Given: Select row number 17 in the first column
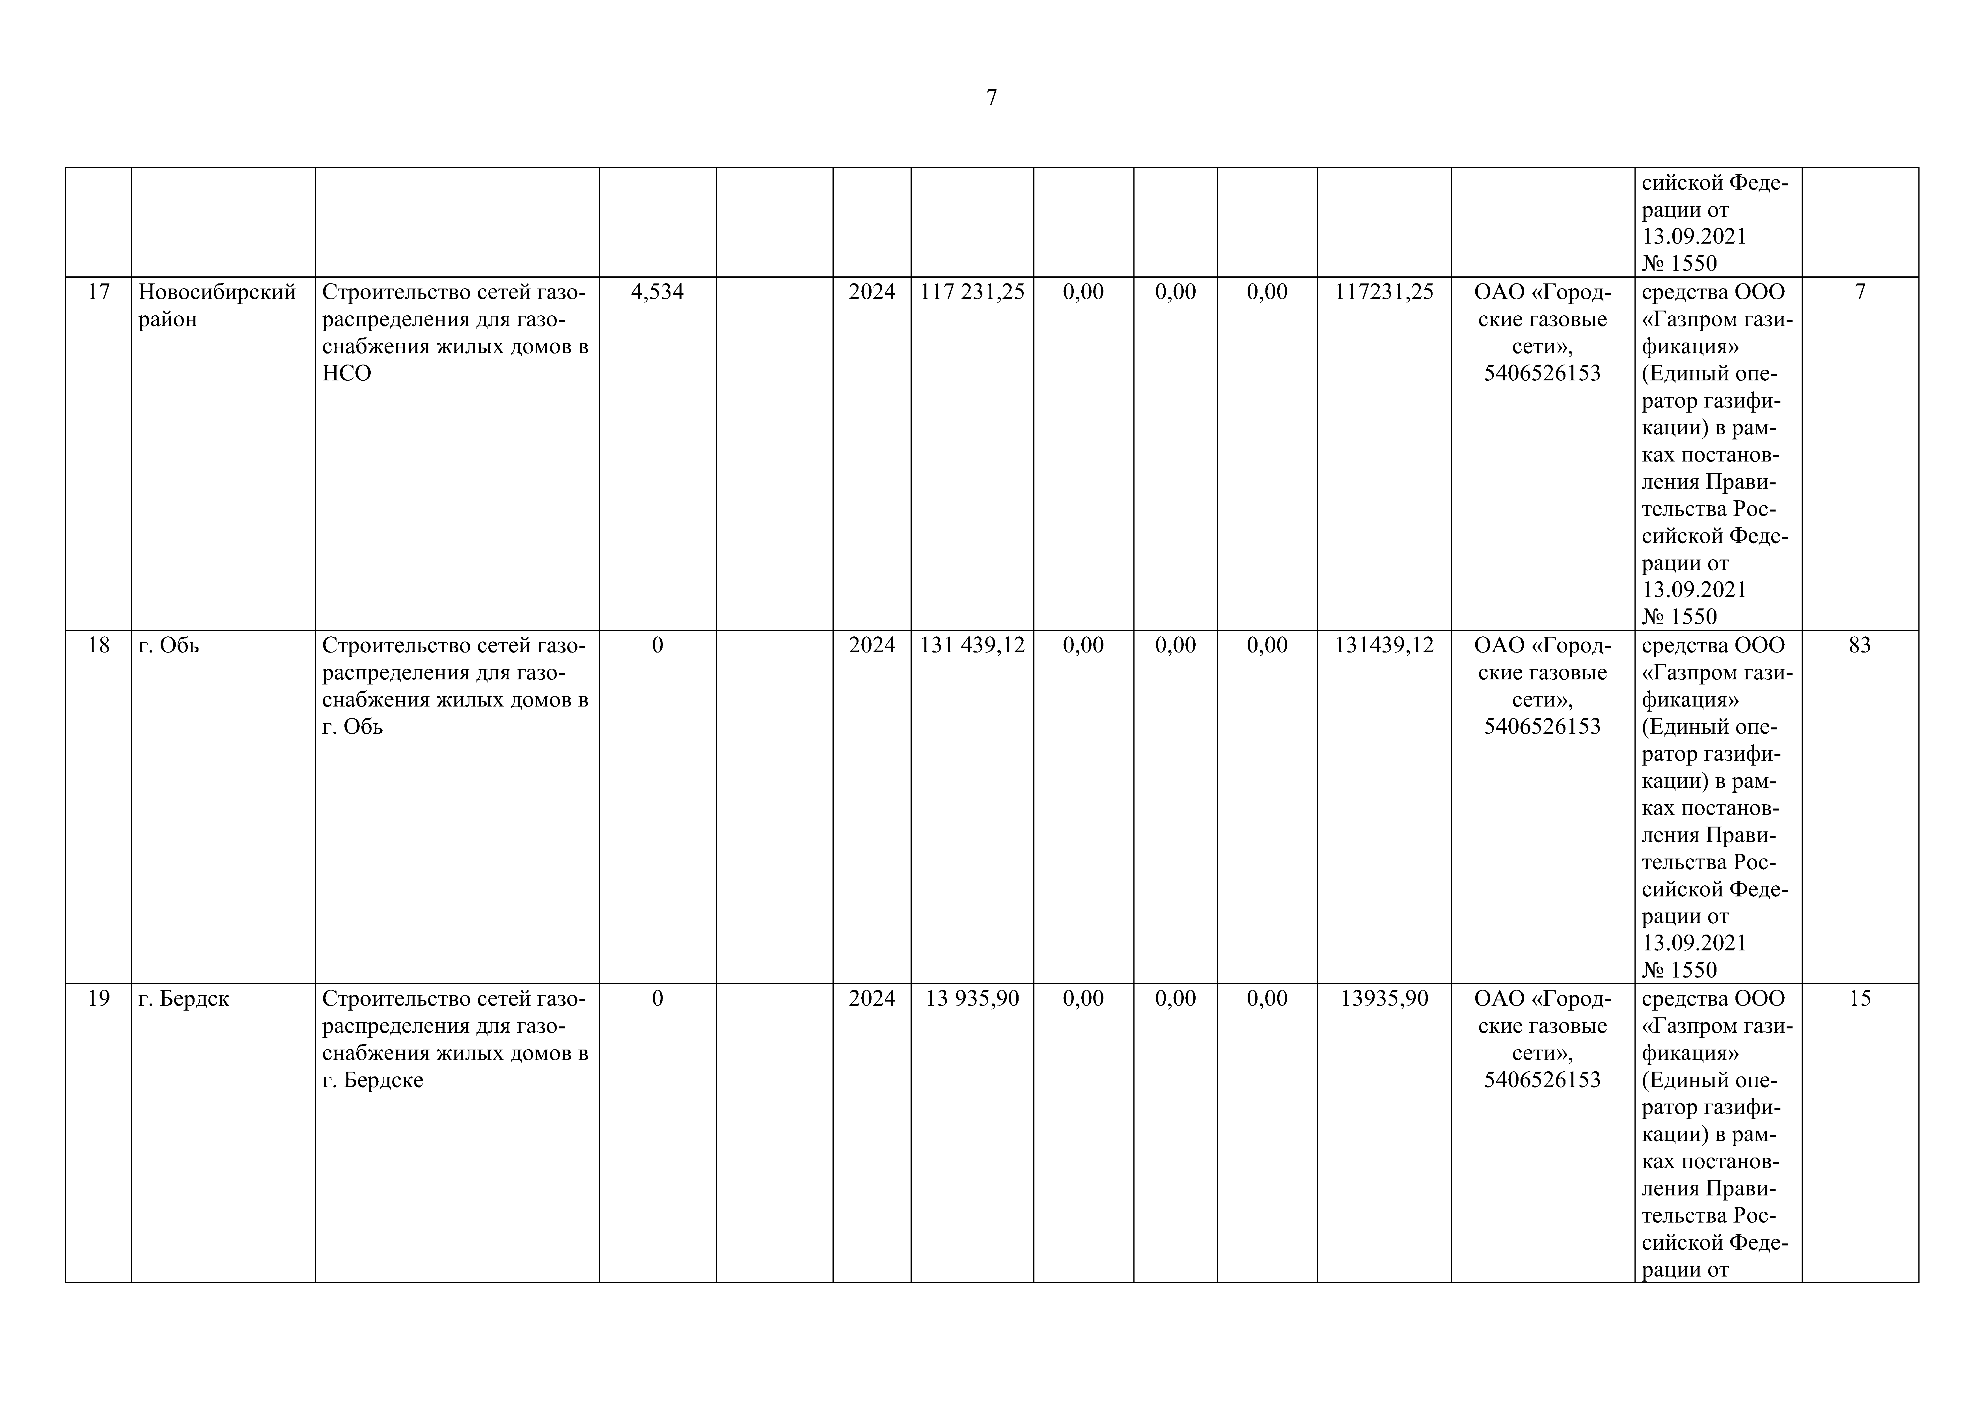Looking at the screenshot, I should click(x=98, y=292).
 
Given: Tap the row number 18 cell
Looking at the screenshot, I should click(x=98, y=645).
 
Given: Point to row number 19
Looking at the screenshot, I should click(x=98, y=999).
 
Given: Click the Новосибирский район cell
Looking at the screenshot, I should click(x=217, y=306).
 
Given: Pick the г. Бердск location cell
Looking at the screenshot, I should click(x=184, y=999).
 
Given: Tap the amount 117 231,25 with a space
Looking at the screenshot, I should click(x=972, y=292).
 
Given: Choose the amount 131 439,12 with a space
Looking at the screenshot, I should click(x=972, y=645).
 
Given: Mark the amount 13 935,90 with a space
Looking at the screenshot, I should click(x=972, y=999).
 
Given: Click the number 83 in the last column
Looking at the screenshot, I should click(x=1860, y=645).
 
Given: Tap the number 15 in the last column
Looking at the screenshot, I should click(x=1860, y=999).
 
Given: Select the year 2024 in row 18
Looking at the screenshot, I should click(x=872, y=645).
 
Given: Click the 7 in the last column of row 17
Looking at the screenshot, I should click(x=1860, y=292).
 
